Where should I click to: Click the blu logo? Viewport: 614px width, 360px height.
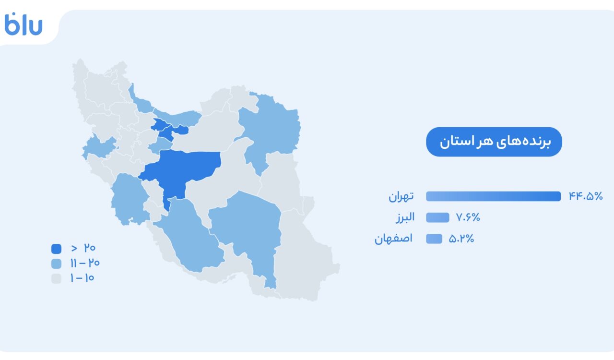point(24,24)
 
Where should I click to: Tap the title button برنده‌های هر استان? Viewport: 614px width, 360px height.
point(494,142)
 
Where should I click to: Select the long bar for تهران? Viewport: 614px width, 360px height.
point(493,196)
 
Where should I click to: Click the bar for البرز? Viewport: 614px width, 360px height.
point(437,217)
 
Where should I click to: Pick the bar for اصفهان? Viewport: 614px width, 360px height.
point(434,239)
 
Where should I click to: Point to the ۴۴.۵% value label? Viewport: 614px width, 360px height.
point(586,196)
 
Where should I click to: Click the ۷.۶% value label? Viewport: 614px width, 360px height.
point(468,217)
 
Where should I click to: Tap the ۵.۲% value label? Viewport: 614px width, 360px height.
point(461,239)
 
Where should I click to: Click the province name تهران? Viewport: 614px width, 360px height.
point(401,197)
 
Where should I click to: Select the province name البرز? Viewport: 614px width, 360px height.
point(405,217)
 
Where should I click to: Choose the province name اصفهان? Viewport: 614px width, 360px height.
point(393,239)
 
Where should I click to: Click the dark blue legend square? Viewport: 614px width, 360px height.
point(57,249)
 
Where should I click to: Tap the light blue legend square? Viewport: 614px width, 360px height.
point(57,264)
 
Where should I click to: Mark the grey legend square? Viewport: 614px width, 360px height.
point(57,278)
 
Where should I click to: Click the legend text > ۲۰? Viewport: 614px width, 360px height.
point(83,248)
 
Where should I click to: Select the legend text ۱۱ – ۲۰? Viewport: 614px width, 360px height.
point(85,263)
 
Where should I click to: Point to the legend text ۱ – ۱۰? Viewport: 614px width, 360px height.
point(82,278)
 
